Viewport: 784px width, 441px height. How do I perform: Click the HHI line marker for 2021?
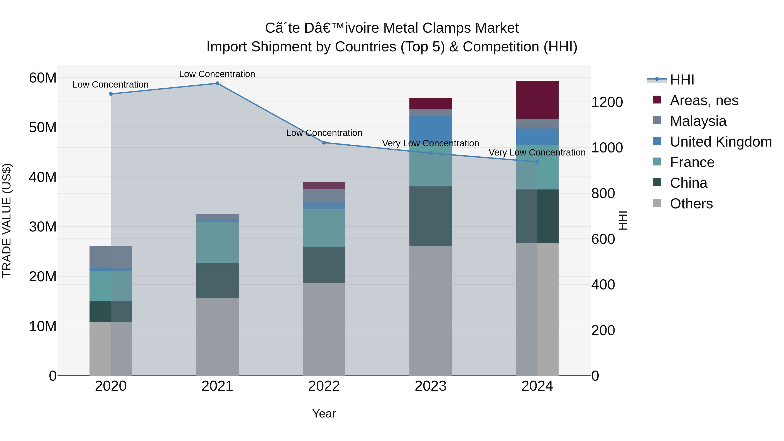[x=217, y=83]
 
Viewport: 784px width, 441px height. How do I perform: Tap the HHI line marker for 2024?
[x=537, y=162]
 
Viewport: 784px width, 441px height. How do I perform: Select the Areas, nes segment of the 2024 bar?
[x=537, y=100]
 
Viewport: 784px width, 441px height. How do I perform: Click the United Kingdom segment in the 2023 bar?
[x=431, y=131]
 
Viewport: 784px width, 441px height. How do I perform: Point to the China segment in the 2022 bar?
[x=324, y=265]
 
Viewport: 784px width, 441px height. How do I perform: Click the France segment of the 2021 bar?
[x=217, y=243]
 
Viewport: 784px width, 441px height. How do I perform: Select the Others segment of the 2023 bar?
[x=431, y=310]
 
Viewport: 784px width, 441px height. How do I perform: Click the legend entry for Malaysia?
[x=698, y=121]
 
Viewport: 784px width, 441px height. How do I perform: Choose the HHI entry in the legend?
[x=682, y=80]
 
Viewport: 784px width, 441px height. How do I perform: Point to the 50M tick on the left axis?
[x=43, y=128]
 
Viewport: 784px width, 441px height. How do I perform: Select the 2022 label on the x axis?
[x=324, y=386]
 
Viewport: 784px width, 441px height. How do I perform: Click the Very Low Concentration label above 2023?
[x=430, y=143]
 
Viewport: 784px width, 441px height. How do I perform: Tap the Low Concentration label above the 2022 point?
[x=324, y=133]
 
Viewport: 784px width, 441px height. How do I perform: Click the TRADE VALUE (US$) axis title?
[x=7, y=220]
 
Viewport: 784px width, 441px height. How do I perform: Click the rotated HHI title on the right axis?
[x=623, y=220]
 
